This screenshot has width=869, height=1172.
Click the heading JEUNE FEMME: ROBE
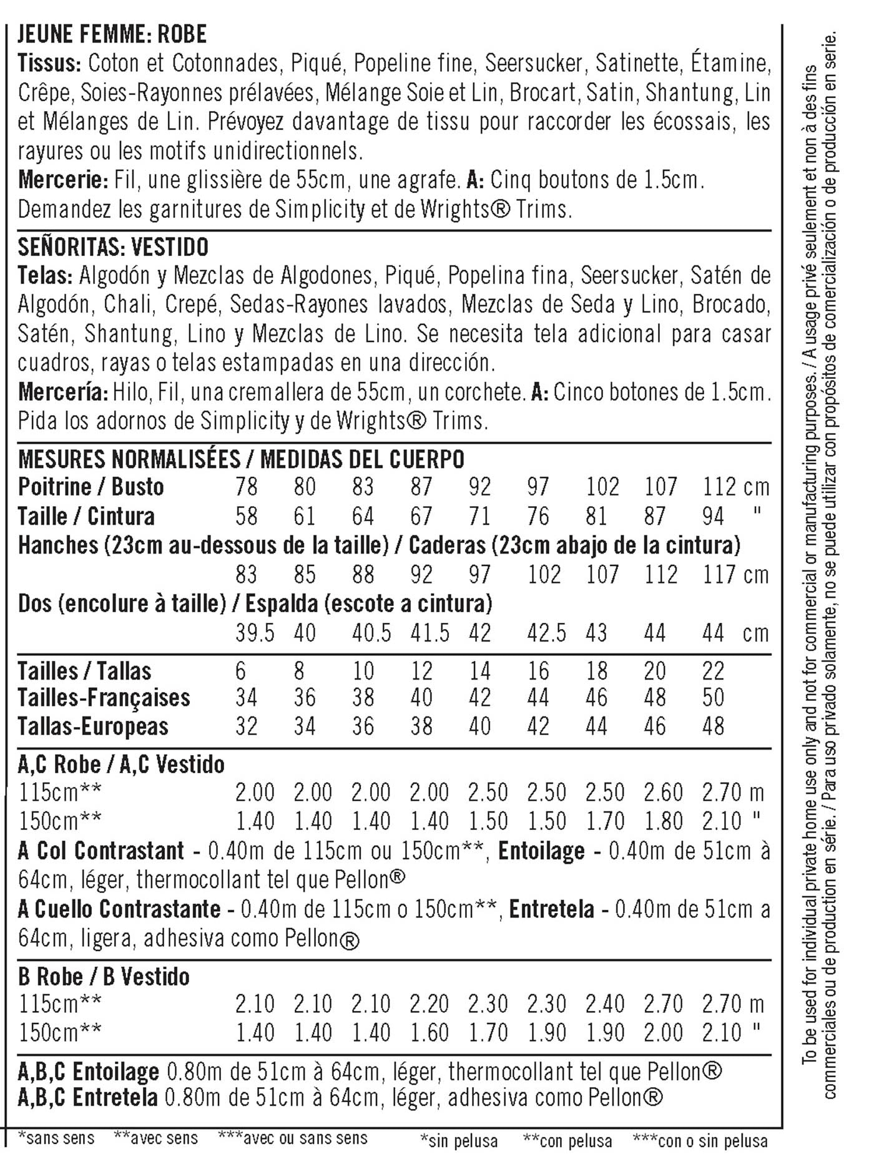(x=112, y=34)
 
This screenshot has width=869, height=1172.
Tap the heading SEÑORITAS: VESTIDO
(x=113, y=247)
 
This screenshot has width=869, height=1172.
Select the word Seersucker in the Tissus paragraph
(x=534, y=63)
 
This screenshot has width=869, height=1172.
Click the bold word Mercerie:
(x=64, y=180)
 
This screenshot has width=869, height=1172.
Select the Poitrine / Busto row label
(x=91, y=487)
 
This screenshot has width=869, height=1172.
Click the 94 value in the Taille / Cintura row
(x=714, y=516)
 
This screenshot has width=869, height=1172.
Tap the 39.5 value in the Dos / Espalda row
(x=255, y=633)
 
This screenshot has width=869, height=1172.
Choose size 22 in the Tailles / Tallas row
(x=714, y=671)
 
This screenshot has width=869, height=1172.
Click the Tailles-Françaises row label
(x=104, y=698)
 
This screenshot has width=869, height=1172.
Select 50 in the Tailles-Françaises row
(x=714, y=698)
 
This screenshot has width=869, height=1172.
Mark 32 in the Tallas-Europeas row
(x=247, y=726)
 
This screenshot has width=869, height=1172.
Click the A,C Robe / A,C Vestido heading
(x=121, y=764)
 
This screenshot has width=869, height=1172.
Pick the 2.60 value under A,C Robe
(x=663, y=793)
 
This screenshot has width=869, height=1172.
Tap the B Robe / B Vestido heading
(x=104, y=977)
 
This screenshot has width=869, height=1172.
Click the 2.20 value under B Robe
(x=430, y=1004)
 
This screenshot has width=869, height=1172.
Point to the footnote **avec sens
(x=156, y=1138)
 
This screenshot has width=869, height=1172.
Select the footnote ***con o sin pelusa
(x=700, y=1141)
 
